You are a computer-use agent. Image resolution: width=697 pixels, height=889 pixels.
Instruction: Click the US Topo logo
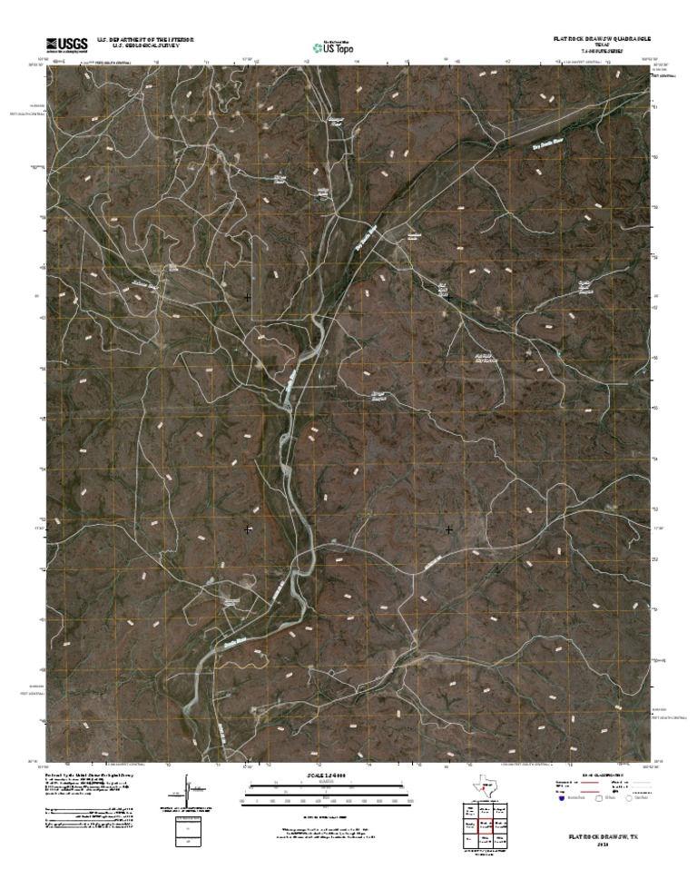click(x=332, y=46)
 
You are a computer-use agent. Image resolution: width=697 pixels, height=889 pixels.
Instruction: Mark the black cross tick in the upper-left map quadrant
click(x=247, y=297)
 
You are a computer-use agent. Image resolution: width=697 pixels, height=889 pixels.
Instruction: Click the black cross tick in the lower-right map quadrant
click(x=448, y=528)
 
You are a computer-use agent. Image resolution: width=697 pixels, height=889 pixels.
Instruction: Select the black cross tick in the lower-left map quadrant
click(x=247, y=528)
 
